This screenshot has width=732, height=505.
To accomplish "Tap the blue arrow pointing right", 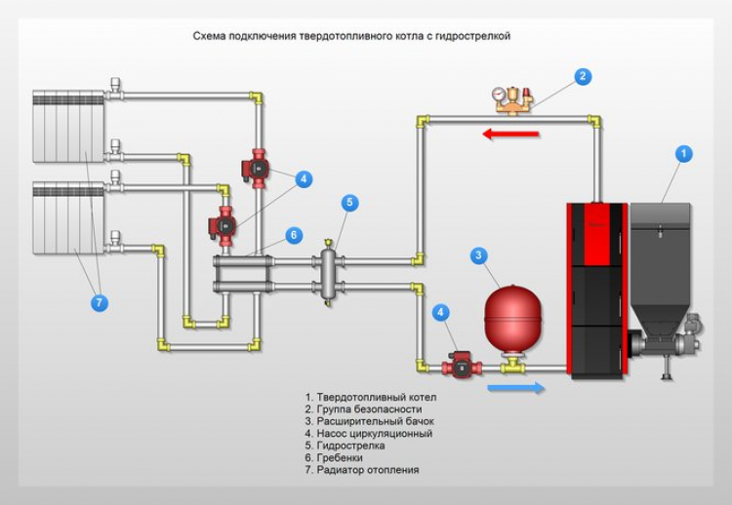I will [x=514, y=388].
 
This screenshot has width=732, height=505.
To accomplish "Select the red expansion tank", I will [x=510, y=316].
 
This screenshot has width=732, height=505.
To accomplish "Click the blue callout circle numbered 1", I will [x=684, y=154].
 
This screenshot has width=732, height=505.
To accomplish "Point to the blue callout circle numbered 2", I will [x=583, y=76].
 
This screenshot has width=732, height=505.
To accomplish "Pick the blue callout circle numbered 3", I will [x=478, y=255].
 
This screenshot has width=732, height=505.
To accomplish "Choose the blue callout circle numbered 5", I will [x=349, y=203].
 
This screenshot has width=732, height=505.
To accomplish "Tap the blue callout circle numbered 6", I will [x=292, y=235].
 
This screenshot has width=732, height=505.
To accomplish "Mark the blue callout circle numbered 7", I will [x=99, y=302].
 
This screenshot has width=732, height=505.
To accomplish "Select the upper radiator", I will [x=68, y=127].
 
